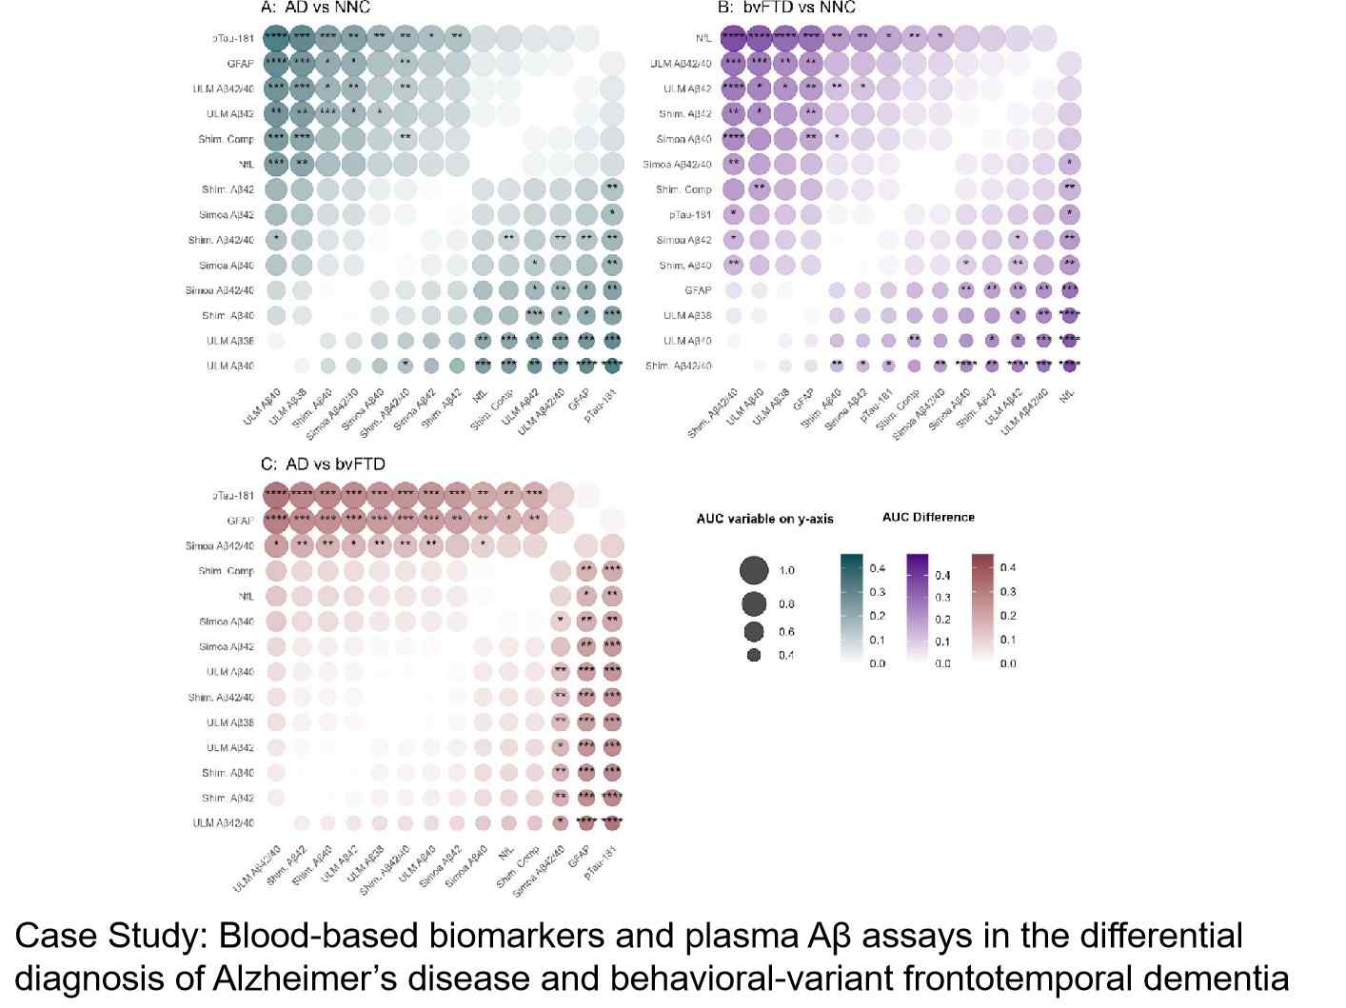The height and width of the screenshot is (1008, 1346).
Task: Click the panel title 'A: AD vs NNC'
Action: point(315,8)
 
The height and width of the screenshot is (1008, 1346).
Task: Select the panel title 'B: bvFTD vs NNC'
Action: point(786,8)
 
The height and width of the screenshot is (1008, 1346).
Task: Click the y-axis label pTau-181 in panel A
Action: point(232,39)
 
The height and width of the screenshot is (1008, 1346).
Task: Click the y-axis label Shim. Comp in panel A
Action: point(227,139)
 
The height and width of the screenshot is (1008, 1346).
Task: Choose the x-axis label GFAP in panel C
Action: point(578,856)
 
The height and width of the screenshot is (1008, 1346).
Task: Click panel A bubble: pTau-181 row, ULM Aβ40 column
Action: point(276,39)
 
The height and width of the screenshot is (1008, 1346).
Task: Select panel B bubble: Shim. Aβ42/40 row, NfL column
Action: point(1069,366)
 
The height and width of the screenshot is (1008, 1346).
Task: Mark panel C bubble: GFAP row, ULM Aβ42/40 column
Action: point(276,521)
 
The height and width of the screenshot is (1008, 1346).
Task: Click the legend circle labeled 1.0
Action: point(754,570)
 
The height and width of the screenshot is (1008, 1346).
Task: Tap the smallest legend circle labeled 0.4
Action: point(754,655)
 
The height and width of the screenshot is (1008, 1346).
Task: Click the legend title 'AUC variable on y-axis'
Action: point(764,519)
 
